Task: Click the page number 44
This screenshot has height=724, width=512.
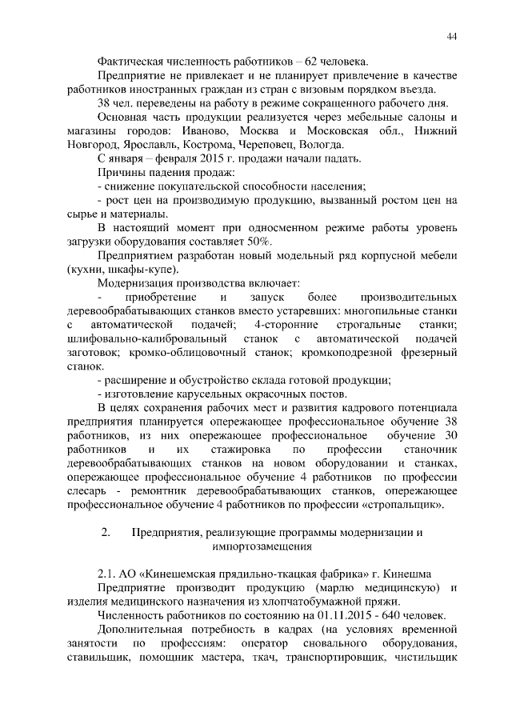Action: [x=451, y=37]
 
